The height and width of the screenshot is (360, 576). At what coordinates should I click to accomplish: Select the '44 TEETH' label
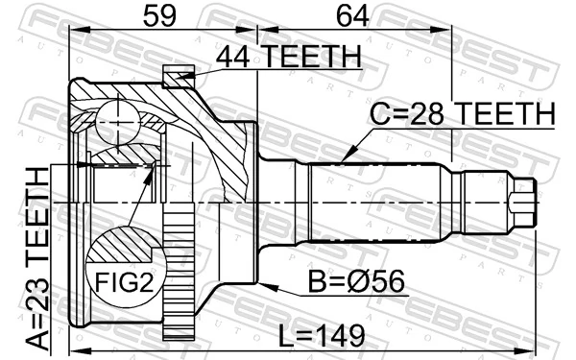pos(288,57)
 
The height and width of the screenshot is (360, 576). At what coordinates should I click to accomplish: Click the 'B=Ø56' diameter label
pos(354,285)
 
